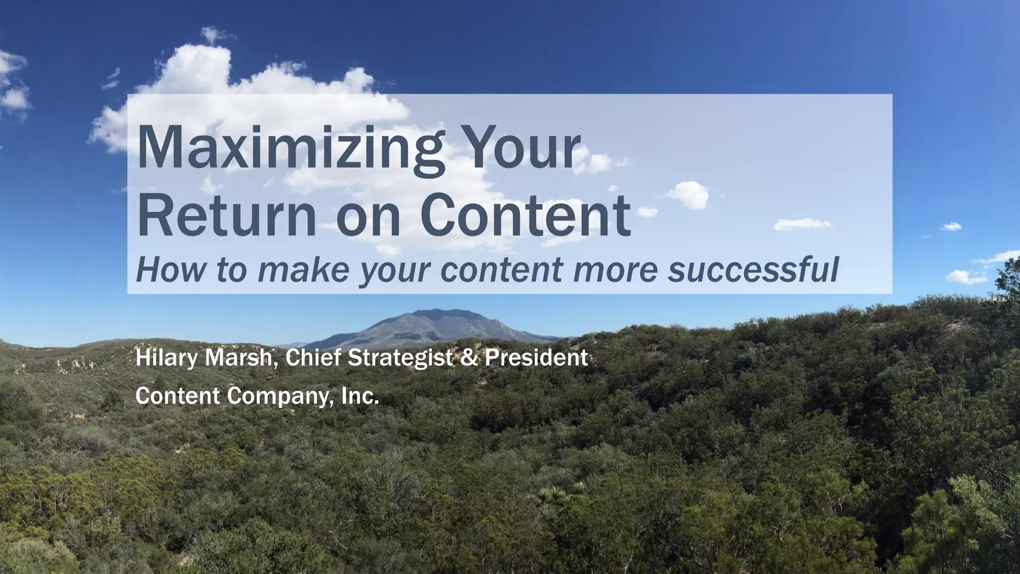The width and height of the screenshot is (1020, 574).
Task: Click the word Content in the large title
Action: click(525, 216)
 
